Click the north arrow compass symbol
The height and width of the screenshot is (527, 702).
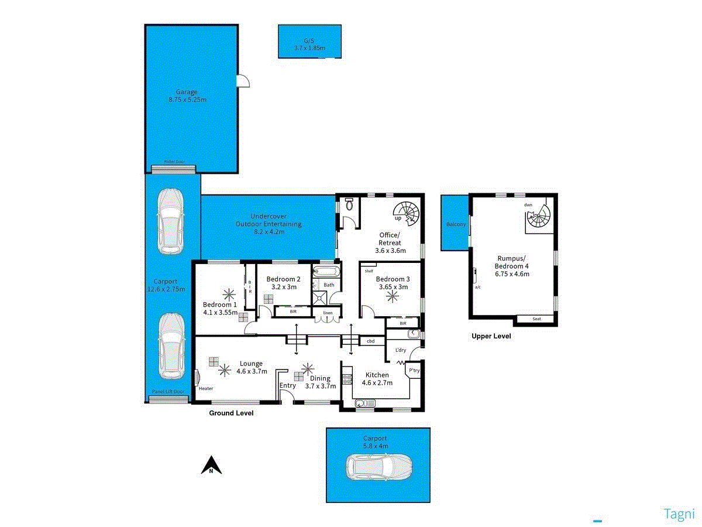(211, 465)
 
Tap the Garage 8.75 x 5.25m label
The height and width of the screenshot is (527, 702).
(187, 95)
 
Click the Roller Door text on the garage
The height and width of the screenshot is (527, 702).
(173, 162)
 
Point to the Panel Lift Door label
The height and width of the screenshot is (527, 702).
(168, 392)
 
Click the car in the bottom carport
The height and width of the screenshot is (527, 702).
(379, 467)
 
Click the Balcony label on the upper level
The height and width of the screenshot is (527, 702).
(456, 224)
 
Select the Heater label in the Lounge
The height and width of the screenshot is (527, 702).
(206, 389)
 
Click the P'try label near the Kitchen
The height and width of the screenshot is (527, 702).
(414, 371)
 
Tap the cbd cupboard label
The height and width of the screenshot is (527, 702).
(370, 341)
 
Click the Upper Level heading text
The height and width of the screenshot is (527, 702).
(491, 336)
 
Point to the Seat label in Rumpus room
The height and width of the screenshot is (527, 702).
(536, 319)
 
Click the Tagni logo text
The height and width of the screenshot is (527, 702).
(678, 514)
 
